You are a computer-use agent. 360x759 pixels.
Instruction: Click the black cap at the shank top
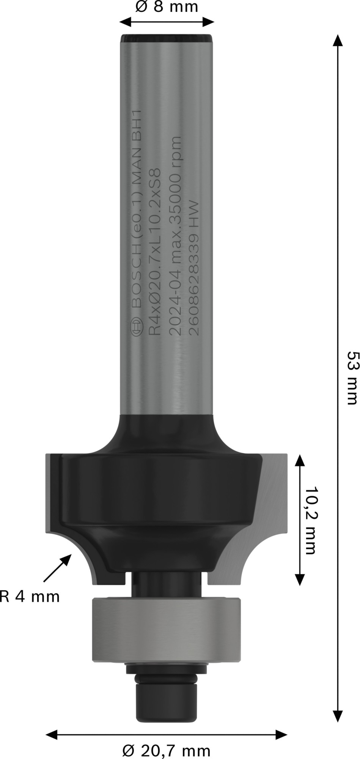pos(166,39)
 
